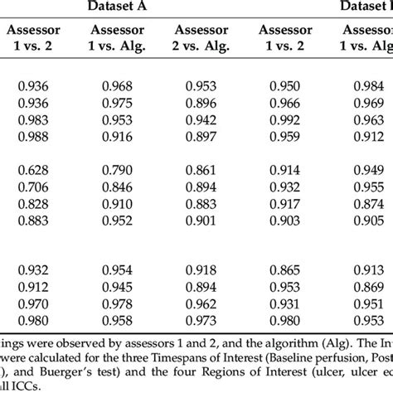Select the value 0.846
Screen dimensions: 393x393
(x=118, y=187)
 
